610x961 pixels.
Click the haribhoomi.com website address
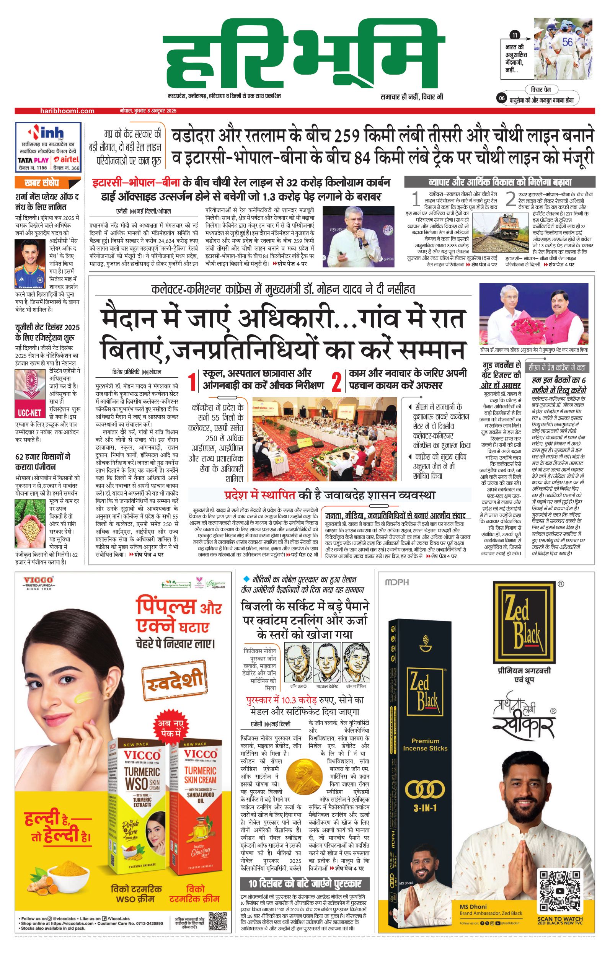pos(67,111)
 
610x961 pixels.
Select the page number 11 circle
pos(515,36)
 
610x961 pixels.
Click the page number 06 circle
pos(502,99)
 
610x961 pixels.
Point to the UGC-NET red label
pos(30,412)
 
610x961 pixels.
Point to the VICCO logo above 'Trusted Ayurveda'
pos(38,580)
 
